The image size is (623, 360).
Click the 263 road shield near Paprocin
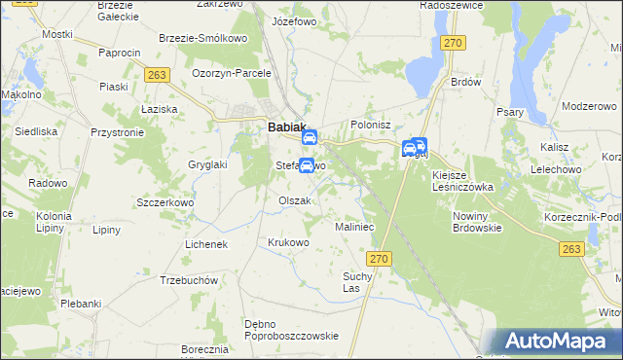155,74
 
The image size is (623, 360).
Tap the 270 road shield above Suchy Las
379,258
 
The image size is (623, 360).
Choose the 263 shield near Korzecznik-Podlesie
572,250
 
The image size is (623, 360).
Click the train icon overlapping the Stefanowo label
307,165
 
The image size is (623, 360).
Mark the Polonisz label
370,126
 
